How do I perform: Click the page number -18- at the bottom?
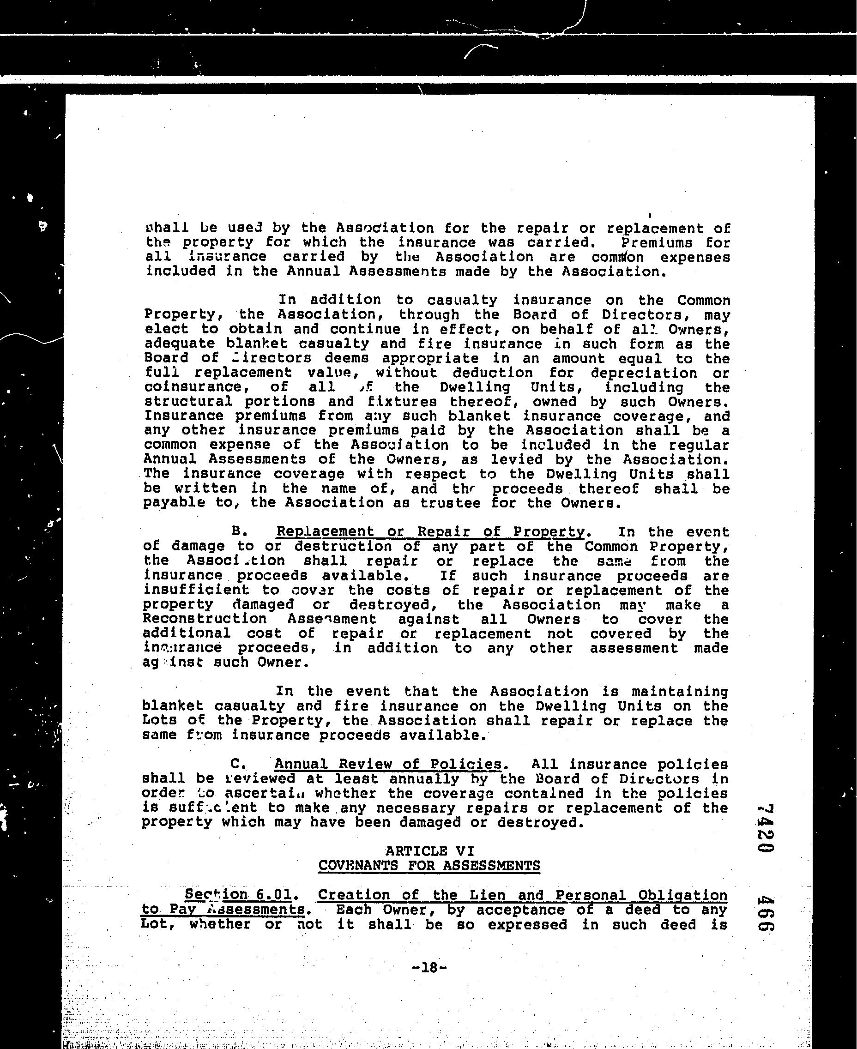[x=428, y=967]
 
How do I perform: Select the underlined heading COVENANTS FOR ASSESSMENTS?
[x=429, y=866]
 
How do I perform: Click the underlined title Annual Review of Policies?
[x=387, y=764]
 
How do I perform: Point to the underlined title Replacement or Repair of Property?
[x=430, y=532]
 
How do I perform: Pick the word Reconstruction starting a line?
[x=205, y=619]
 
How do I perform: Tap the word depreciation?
[x=644, y=373]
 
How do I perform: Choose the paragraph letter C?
[x=237, y=764]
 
